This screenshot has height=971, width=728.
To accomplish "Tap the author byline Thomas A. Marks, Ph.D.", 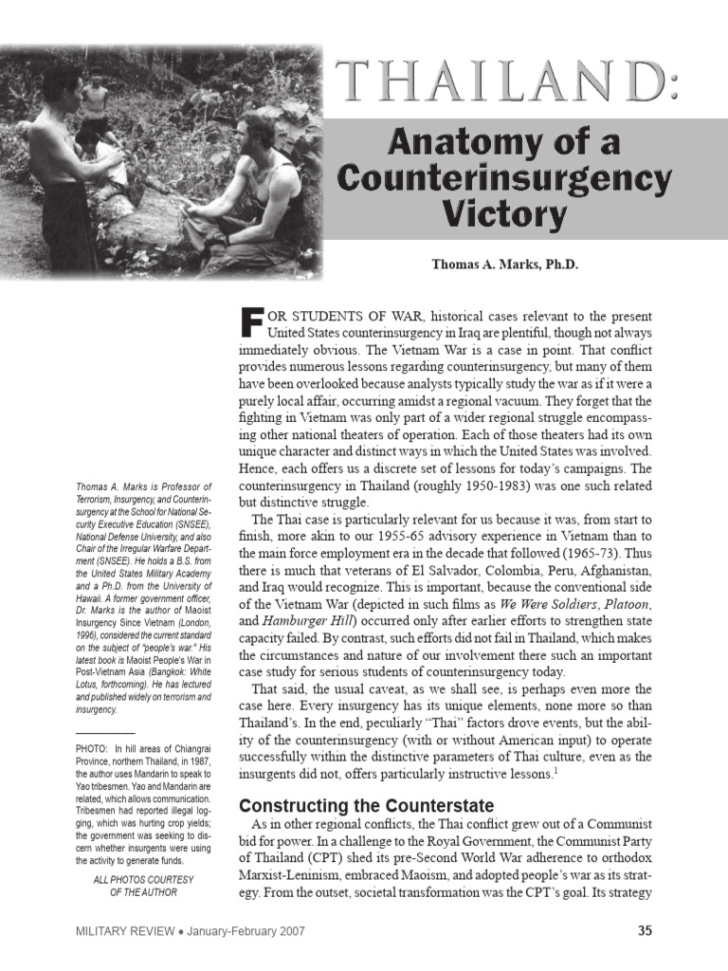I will tap(504, 265).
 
